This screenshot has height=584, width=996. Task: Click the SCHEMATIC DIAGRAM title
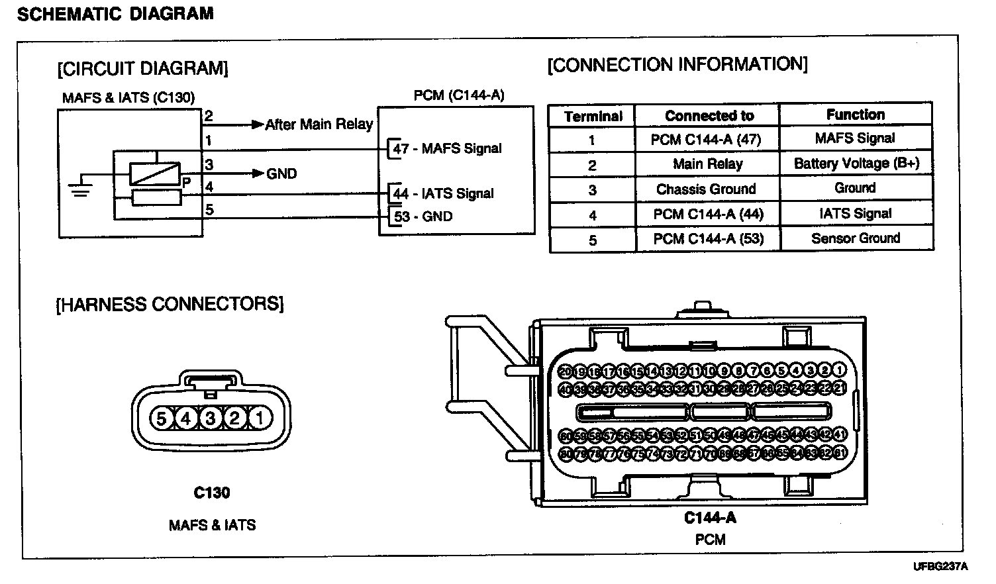coord(115,14)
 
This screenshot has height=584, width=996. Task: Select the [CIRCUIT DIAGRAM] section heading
coord(143,69)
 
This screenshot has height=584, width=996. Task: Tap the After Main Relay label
coord(319,124)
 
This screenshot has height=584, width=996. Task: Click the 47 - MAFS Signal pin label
coord(448,149)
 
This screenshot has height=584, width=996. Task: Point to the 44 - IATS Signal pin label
coord(444,194)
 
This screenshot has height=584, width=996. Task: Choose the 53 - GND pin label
coord(423,217)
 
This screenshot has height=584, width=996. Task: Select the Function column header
coord(855,115)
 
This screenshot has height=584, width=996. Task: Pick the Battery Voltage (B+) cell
coord(856,164)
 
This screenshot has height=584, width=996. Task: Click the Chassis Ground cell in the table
coord(706,189)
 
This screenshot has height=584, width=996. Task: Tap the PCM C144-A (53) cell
coord(708,239)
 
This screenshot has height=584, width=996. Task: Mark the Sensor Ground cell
coord(856,238)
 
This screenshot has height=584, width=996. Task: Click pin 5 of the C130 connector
coord(161,418)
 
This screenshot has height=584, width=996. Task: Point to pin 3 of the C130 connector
coord(210,418)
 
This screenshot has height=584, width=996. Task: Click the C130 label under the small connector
coord(212,493)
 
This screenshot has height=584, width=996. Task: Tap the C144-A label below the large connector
coord(710,518)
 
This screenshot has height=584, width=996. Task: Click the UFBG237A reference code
coord(940,567)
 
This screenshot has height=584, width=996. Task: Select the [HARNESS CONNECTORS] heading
coord(170,305)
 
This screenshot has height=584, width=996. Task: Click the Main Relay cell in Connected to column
coord(707,164)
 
